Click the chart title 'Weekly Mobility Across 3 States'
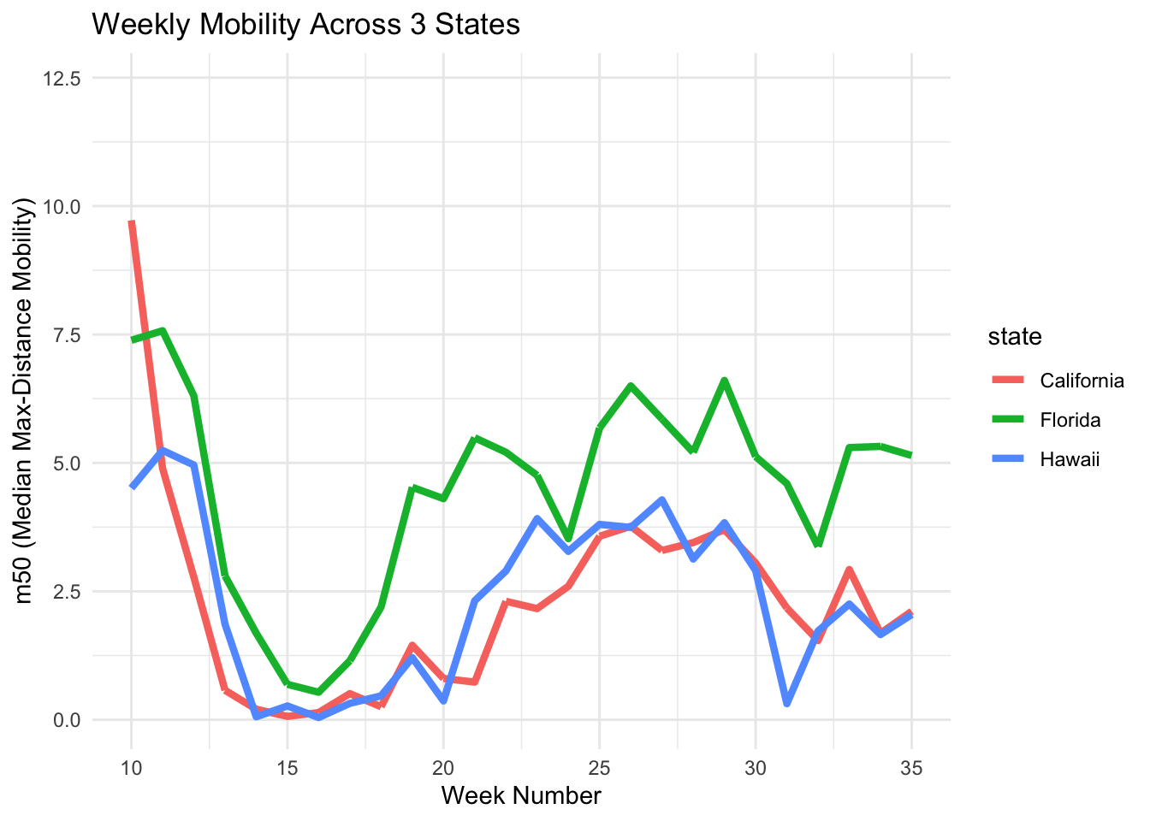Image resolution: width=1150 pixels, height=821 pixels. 305,25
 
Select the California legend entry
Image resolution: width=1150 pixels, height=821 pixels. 1082,381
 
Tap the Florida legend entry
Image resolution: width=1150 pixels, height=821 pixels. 1070,420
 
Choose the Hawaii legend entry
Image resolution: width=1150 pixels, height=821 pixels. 1069,460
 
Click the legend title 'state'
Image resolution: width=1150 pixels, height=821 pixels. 1015,337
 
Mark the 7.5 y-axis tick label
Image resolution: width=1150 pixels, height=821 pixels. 67,335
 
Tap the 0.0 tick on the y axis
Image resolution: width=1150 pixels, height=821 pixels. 67,720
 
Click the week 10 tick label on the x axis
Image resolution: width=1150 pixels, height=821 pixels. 132,768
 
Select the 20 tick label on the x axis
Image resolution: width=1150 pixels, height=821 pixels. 443,768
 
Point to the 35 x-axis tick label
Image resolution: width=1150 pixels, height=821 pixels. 911,768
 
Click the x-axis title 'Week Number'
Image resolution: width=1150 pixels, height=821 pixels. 521,796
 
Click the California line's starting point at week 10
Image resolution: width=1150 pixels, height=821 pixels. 132,222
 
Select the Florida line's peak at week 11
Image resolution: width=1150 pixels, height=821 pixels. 163,330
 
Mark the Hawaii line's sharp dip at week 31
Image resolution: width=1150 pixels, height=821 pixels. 786,703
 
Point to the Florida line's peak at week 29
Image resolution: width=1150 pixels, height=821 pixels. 725,381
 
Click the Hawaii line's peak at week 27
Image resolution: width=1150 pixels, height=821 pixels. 662,500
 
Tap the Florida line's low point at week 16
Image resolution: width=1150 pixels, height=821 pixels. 318,692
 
